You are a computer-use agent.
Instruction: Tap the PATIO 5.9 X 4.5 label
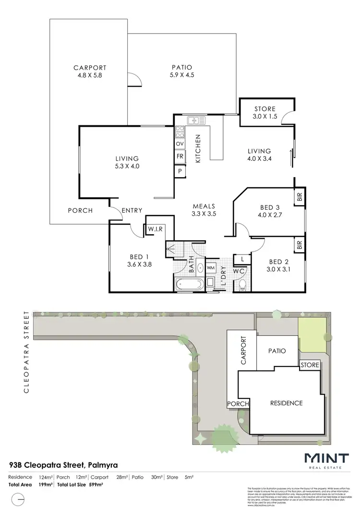[182, 72]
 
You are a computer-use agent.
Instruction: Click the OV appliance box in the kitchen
[180, 144]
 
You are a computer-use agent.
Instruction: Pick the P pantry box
[180, 171]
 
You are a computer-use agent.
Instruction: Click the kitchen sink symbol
[194, 120]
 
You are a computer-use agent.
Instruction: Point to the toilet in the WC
[243, 285]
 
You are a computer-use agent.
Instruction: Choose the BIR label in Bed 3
[300, 197]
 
